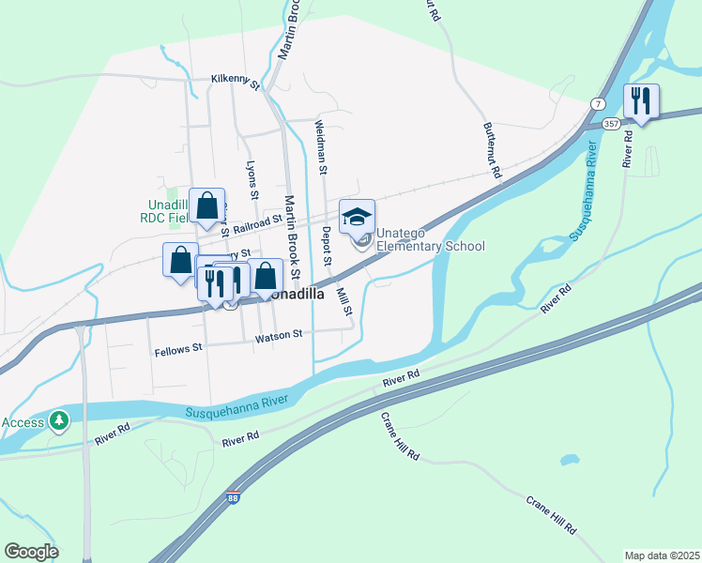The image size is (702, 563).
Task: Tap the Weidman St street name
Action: tap(321, 147)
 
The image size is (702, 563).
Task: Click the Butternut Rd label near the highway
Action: tap(493, 149)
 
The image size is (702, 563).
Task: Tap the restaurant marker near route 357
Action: tap(641, 102)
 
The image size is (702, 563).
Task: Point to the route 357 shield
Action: tap(612, 123)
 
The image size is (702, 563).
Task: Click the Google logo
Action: tap(31, 552)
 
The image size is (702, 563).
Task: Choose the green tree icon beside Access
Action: tap(59, 420)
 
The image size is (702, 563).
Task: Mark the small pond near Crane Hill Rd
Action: tap(568, 460)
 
